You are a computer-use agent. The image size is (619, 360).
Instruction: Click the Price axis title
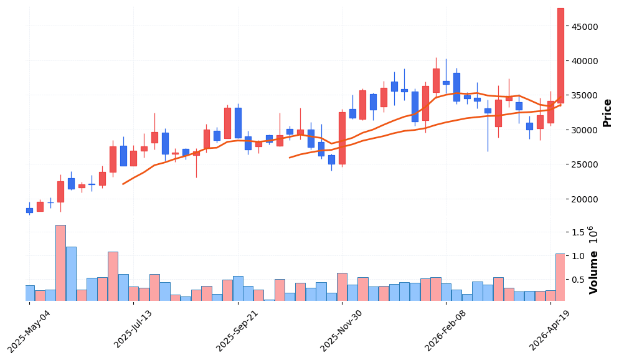point(607,113)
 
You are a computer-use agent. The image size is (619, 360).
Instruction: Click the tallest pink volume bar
point(60,263)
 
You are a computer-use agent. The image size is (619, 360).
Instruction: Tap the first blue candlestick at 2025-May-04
point(29,211)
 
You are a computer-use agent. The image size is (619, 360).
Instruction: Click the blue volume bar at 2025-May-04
point(29,293)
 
